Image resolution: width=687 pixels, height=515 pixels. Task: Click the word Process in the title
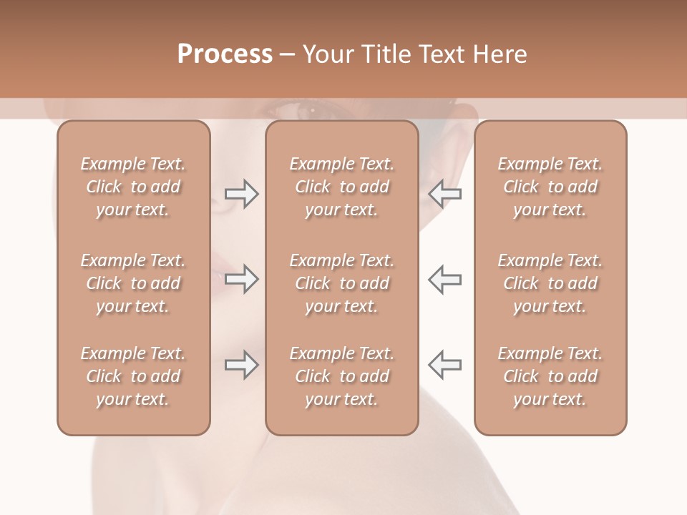tap(225, 54)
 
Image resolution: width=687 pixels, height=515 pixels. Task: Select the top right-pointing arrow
tap(241, 194)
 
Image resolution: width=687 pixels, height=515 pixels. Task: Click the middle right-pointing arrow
tap(241, 279)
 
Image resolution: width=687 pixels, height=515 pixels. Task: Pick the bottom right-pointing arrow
tap(241, 365)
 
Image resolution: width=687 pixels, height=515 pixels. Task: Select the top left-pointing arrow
tap(444, 194)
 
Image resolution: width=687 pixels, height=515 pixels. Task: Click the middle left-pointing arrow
tap(444, 279)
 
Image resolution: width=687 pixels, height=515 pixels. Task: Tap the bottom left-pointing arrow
tap(444, 365)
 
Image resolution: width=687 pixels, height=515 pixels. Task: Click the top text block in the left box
tap(133, 187)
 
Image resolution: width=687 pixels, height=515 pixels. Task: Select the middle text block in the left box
tap(133, 283)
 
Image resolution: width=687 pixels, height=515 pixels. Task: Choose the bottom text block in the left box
tap(133, 376)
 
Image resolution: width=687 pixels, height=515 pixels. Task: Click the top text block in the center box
tap(341, 187)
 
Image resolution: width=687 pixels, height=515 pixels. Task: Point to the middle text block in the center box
tap(341, 283)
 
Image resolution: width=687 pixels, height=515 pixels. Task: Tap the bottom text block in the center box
tap(341, 376)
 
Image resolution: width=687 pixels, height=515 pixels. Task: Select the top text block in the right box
tap(550, 187)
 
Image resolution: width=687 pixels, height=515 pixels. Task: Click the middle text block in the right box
tap(550, 283)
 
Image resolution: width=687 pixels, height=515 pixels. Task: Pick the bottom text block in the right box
tap(550, 376)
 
